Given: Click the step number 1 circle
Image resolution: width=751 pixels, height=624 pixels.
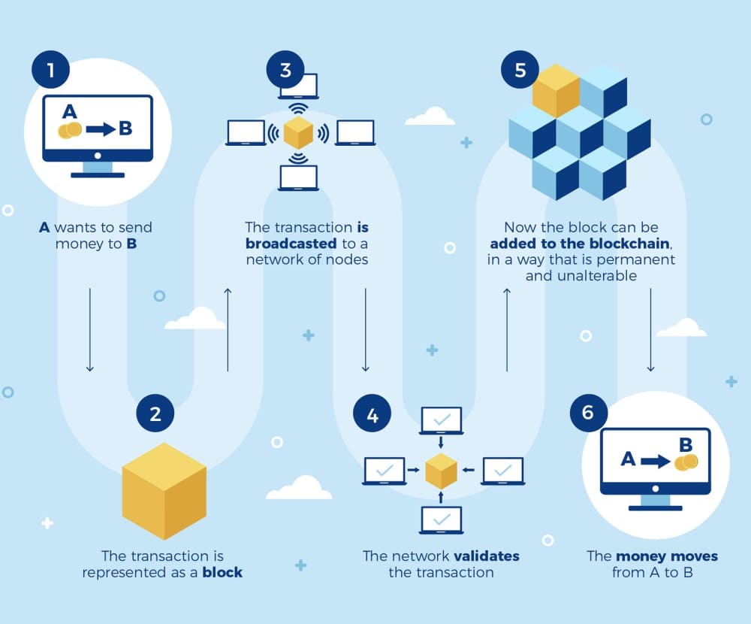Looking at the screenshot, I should coord(50,71).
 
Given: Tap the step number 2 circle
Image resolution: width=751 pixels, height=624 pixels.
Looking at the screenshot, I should coord(155,413).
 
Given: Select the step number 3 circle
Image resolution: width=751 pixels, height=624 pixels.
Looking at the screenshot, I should coord(285,71).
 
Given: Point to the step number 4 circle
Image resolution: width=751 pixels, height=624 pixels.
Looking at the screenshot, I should coord(373,413).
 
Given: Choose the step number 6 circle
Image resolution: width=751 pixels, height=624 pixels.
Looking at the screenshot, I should coord(588,412).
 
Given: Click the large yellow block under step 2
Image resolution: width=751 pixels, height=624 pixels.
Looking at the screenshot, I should coord(164,491).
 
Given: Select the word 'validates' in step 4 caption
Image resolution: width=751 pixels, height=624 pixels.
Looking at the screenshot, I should coord(487,556).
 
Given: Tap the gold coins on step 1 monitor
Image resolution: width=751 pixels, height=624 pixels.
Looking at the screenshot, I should coord(70,130).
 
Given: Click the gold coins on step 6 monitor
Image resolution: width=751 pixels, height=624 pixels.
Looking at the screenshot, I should coord(685,462).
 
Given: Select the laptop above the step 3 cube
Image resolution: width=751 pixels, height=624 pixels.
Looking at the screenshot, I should coord(298,86).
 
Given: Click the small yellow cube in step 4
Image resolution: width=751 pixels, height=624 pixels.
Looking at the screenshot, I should coord(442,471).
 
